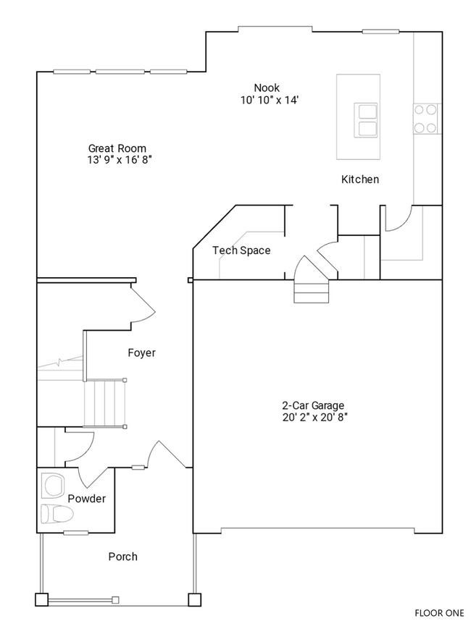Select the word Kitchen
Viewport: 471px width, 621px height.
click(x=360, y=179)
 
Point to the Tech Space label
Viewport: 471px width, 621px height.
click(x=241, y=250)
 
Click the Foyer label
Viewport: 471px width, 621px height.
click(x=141, y=353)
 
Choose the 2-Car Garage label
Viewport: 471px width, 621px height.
click(x=313, y=405)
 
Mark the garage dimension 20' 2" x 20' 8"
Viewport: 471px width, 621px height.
click(x=313, y=418)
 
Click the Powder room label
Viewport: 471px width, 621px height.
click(x=87, y=499)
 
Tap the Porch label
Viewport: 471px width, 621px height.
click(x=122, y=557)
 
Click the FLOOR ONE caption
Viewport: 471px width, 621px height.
click(x=439, y=612)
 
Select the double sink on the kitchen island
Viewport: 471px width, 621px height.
click(x=366, y=120)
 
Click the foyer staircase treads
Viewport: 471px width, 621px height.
click(x=105, y=404)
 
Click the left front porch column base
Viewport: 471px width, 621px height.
click(x=41, y=599)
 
